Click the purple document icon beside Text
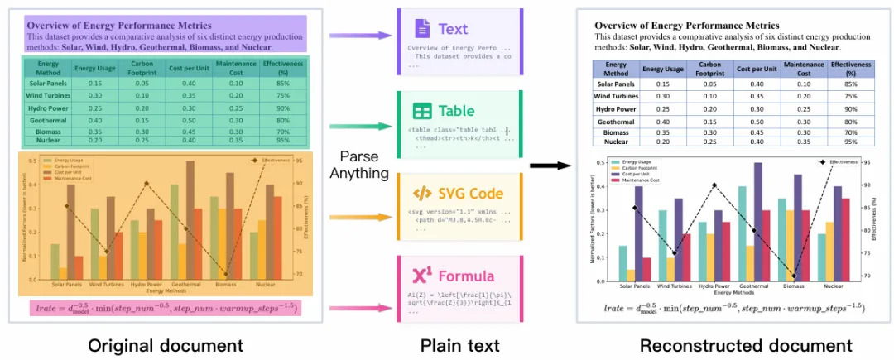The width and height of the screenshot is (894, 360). pos(421,28)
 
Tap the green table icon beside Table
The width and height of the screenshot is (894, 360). pos(421,110)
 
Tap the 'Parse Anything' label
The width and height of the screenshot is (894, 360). pos(358,165)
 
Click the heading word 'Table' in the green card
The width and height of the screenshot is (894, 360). pos(456,110)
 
